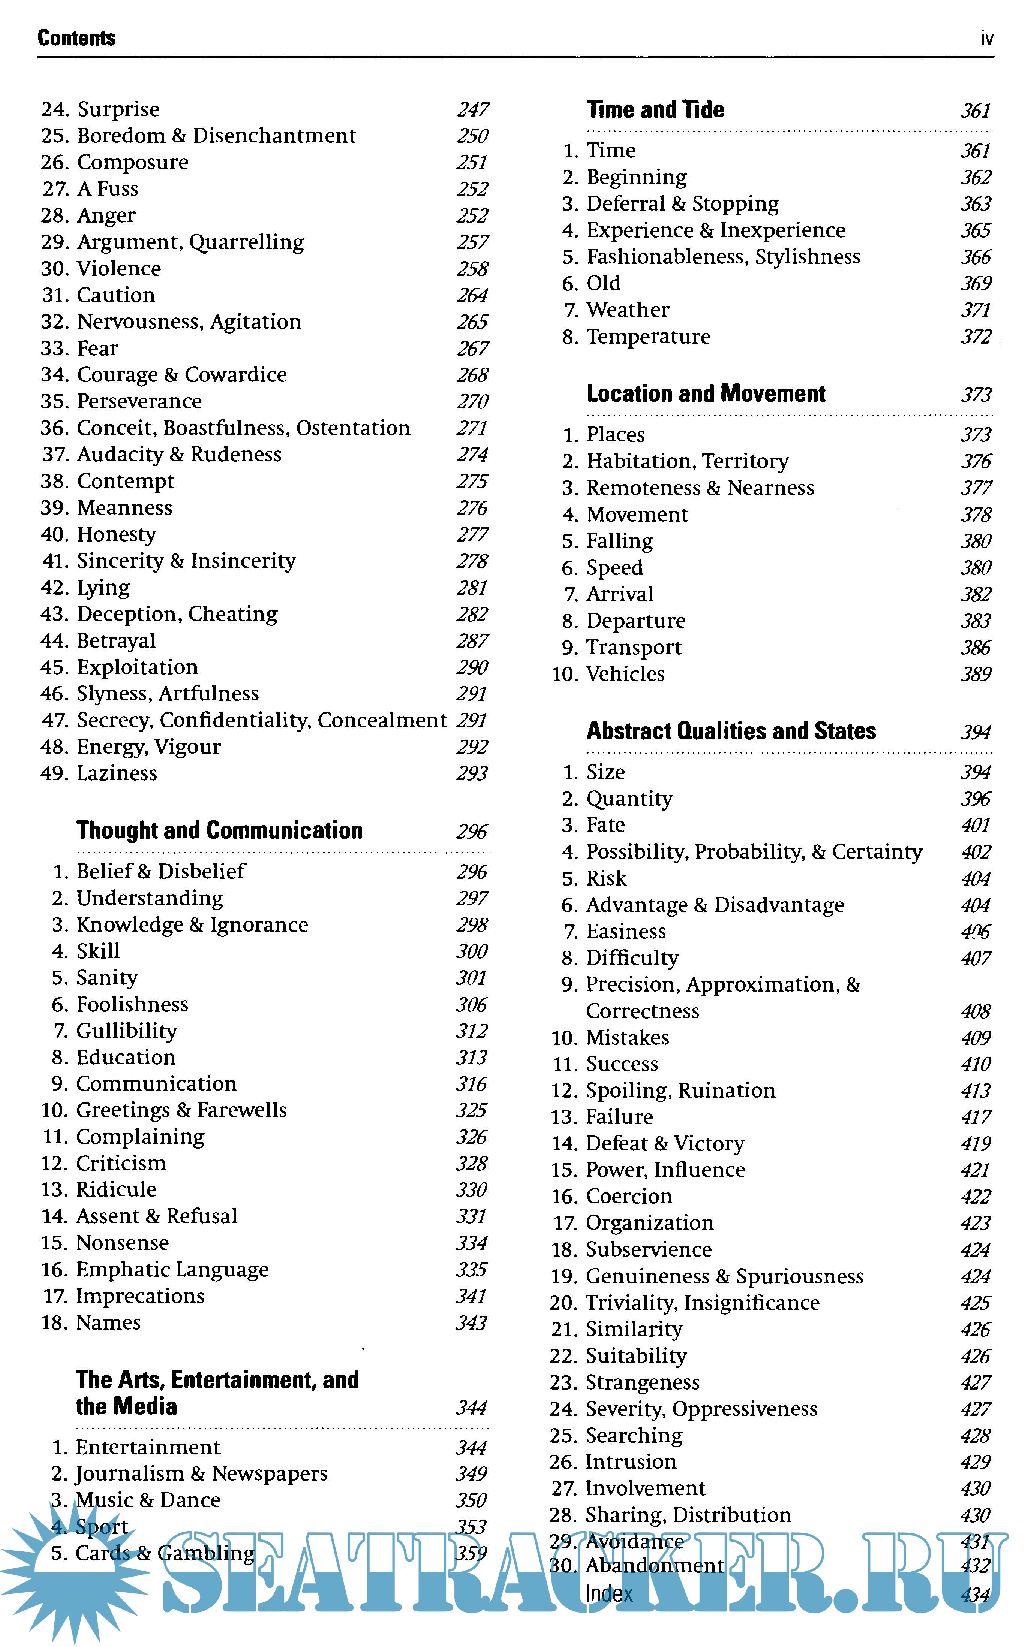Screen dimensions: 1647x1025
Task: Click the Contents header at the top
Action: pos(76,38)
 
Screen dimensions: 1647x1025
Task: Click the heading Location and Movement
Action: pos(706,393)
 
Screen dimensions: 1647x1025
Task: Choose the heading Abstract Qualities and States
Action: pos(731,731)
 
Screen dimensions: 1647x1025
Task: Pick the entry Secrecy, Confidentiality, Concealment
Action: pos(262,720)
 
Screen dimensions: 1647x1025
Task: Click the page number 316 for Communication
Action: pos(471,1084)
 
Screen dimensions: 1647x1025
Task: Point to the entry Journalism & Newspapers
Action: pos(201,1473)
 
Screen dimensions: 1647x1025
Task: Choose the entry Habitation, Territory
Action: pos(688,461)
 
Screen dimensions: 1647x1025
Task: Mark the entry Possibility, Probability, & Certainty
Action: pos(754,852)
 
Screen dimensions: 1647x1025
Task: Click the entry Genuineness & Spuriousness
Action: pos(724,1276)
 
